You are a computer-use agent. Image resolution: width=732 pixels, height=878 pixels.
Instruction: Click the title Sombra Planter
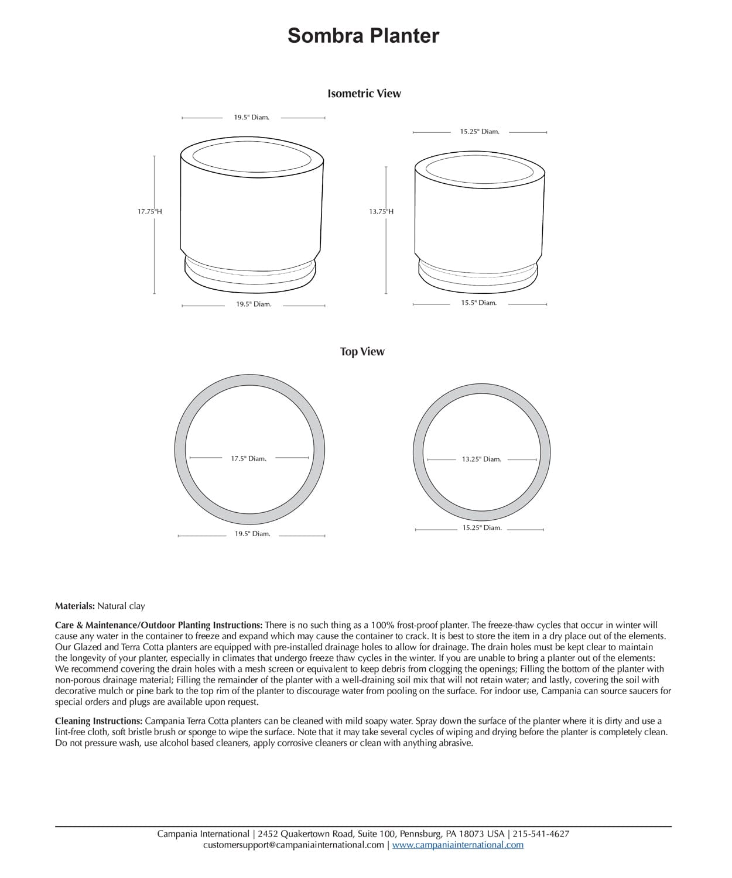(x=363, y=36)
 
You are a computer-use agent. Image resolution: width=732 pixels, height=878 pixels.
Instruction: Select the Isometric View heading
(x=364, y=94)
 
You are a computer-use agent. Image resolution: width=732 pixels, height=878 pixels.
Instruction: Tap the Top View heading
(x=362, y=352)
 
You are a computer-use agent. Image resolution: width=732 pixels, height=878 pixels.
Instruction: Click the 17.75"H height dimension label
(x=150, y=211)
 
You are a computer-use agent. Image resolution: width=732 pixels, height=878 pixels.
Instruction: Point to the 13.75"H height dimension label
(x=381, y=211)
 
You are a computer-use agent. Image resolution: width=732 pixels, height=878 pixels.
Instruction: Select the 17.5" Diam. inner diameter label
(x=248, y=459)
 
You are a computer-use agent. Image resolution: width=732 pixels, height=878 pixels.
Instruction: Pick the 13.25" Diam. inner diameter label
(x=481, y=459)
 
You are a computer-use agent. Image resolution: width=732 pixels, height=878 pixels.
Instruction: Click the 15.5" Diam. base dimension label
(x=478, y=303)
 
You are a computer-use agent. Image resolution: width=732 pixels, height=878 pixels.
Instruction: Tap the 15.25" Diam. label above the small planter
(x=480, y=132)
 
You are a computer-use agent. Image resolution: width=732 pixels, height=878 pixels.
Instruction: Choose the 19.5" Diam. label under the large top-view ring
(x=252, y=534)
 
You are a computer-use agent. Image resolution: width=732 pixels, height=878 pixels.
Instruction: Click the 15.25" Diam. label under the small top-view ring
(x=482, y=528)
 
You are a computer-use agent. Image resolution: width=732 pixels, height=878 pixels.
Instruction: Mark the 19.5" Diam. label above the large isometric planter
(x=252, y=118)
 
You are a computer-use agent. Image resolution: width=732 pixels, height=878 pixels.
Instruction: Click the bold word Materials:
(x=75, y=606)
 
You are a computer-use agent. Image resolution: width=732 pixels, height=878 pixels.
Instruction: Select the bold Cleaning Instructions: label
(x=98, y=721)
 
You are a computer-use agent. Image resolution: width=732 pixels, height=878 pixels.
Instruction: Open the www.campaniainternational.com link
(x=457, y=845)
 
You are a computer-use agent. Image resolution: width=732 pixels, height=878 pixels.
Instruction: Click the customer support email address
(x=293, y=845)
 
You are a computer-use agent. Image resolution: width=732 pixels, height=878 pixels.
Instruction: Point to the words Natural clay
(x=121, y=606)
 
